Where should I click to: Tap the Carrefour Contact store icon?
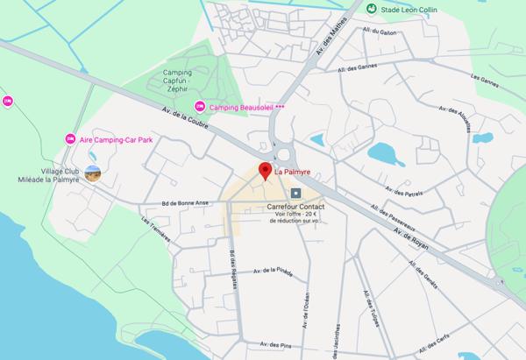tap(296, 193)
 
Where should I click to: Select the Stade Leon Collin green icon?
tap(373, 9)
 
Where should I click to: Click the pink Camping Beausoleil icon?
tap(199, 106)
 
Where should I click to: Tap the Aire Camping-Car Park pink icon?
tap(69, 138)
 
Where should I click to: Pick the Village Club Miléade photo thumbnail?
tap(93, 173)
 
